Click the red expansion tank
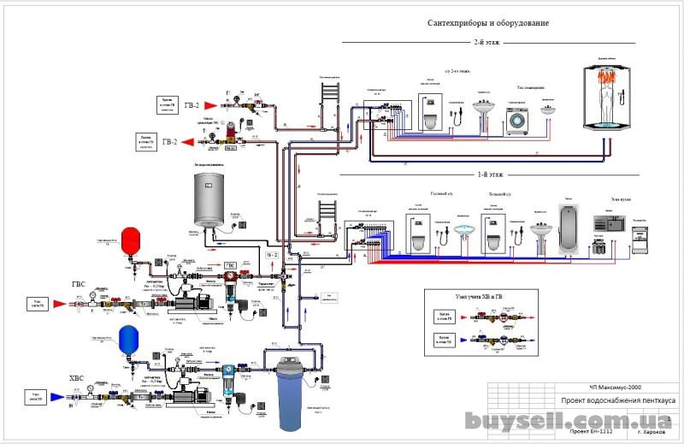[130, 240]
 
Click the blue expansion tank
[129, 336]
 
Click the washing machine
[516, 121]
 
